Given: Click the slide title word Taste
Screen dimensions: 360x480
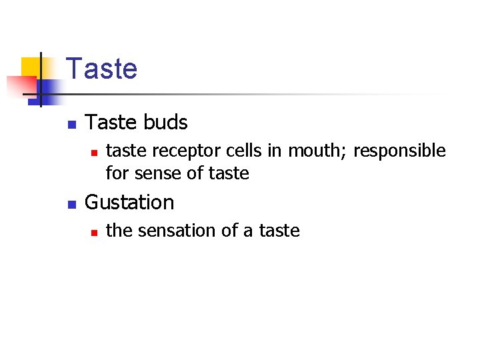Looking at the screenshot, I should tap(102, 69).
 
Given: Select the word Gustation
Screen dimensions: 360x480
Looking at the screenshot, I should tap(129, 202).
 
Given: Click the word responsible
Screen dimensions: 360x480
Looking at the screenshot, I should tap(399, 152).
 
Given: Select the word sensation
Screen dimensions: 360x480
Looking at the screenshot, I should tap(176, 231).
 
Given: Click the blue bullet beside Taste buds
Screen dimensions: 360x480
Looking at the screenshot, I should tap(72, 124).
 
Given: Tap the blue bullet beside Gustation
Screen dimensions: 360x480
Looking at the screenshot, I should tap(72, 203).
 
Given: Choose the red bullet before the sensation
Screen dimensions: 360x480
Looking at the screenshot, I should tap(94, 232).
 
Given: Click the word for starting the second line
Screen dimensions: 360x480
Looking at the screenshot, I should tap(117, 174).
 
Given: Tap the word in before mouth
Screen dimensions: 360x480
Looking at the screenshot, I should tap(275, 151).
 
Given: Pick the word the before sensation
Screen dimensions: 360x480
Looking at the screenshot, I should tap(119, 231).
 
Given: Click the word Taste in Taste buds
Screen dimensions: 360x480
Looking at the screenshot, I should tap(111, 123).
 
